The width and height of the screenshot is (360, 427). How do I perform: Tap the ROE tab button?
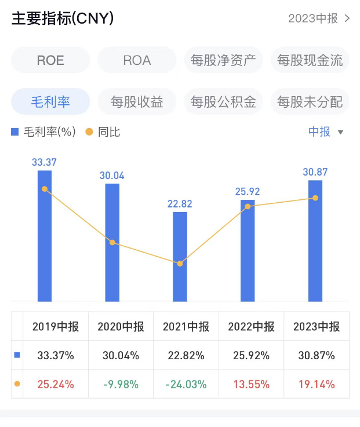pyautogui.click(x=50, y=60)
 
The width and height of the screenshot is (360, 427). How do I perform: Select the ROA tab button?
pyautogui.click(x=137, y=60)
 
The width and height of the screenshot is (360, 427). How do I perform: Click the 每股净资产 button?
pyautogui.click(x=223, y=60)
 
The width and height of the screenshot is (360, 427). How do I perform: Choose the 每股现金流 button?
pyautogui.click(x=310, y=60)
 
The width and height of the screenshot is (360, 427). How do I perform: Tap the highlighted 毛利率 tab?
pyautogui.click(x=50, y=102)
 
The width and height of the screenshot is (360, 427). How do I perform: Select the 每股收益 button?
pyautogui.click(x=137, y=102)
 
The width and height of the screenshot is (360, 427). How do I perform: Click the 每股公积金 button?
pyautogui.click(x=223, y=102)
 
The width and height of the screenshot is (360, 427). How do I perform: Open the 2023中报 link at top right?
pyautogui.click(x=319, y=19)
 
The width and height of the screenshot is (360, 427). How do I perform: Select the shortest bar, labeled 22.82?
pyautogui.click(x=180, y=258)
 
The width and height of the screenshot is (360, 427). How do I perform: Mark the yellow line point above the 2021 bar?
pyautogui.click(x=180, y=264)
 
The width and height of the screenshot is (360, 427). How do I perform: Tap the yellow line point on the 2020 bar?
pyautogui.click(x=112, y=242)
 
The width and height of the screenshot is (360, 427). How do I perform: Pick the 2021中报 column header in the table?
pyautogui.click(x=186, y=327)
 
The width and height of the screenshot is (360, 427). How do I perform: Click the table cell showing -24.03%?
pyautogui.click(x=186, y=384)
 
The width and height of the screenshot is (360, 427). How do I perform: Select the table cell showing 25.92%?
pyautogui.click(x=251, y=355)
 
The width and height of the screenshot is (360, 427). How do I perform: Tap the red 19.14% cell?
pyautogui.click(x=317, y=384)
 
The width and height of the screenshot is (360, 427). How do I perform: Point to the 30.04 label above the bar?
pyautogui.click(x=112, y=176)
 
